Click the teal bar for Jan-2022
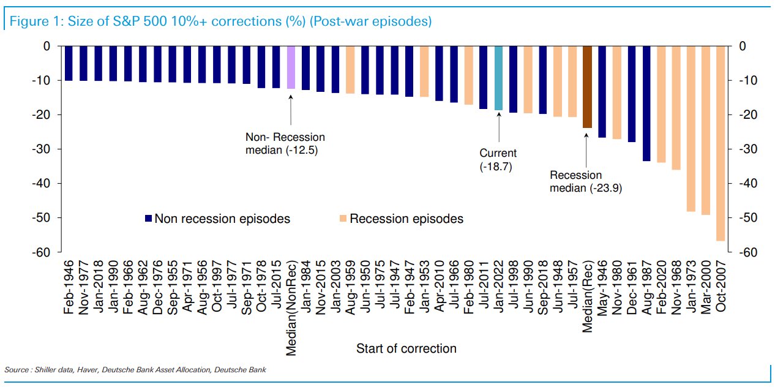(x=498, y=78)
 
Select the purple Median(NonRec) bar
(x=291, y=67)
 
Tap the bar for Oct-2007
(x=720, y=143)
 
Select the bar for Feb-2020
(x=661, y=104)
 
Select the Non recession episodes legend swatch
(x=148, y=219)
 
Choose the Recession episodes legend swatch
(x=342, y=219)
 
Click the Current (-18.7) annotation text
(x=498, y=159)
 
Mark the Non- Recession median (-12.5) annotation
(x=285, y=143)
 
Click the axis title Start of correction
(x=406, y=348)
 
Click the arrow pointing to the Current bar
(x=498, y=129)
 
